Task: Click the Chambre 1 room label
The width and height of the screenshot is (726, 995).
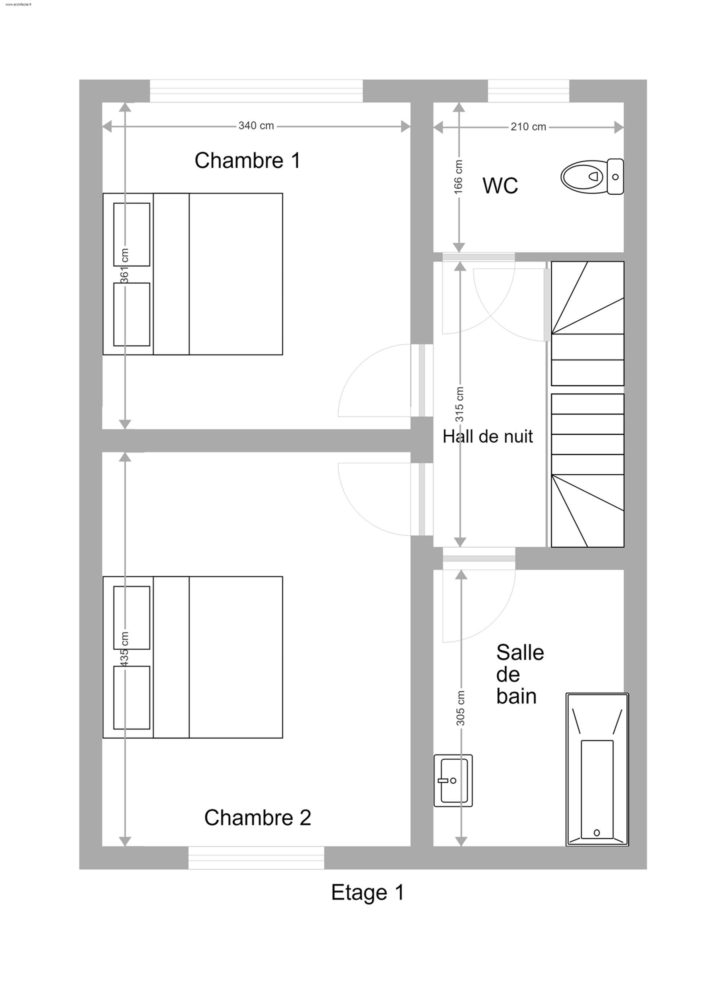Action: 248,161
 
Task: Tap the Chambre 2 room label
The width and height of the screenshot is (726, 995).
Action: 257,818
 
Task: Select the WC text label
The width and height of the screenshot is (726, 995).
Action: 500,186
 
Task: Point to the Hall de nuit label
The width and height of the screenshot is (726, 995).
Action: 488,436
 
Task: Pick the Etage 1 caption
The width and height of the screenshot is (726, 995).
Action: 367,893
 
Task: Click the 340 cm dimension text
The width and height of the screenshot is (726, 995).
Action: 256,126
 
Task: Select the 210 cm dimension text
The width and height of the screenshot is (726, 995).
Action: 528,127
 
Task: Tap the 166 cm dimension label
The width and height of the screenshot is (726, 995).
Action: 458,177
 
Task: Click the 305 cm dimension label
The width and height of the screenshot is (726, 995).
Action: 460,708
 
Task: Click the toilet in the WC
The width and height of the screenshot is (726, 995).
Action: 592,176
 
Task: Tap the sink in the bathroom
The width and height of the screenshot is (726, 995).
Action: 453,781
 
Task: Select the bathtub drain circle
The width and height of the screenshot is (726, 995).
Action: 596,832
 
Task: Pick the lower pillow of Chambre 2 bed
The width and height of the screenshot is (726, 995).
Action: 132,698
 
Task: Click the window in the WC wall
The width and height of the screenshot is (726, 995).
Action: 528,91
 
